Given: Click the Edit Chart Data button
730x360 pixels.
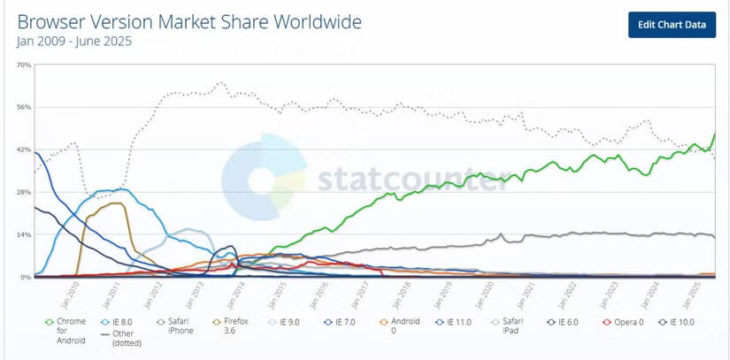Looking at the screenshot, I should (x=672, y=25).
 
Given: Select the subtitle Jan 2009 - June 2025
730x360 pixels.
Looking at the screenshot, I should (x=75, y=41).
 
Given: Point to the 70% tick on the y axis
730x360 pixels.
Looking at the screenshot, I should (x=24, y=65).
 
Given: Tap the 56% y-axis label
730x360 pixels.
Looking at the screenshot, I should (x=24, y=107).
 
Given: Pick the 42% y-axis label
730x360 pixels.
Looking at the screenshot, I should (x=24, y=149).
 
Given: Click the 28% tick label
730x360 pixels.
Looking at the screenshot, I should (x=24, y=192).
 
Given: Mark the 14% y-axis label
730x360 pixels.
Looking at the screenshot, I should (x=24, y=234).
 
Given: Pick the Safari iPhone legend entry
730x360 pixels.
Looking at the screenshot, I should (x=175, y=326).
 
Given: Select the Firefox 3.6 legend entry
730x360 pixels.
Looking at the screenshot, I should (x=232, y=326).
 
